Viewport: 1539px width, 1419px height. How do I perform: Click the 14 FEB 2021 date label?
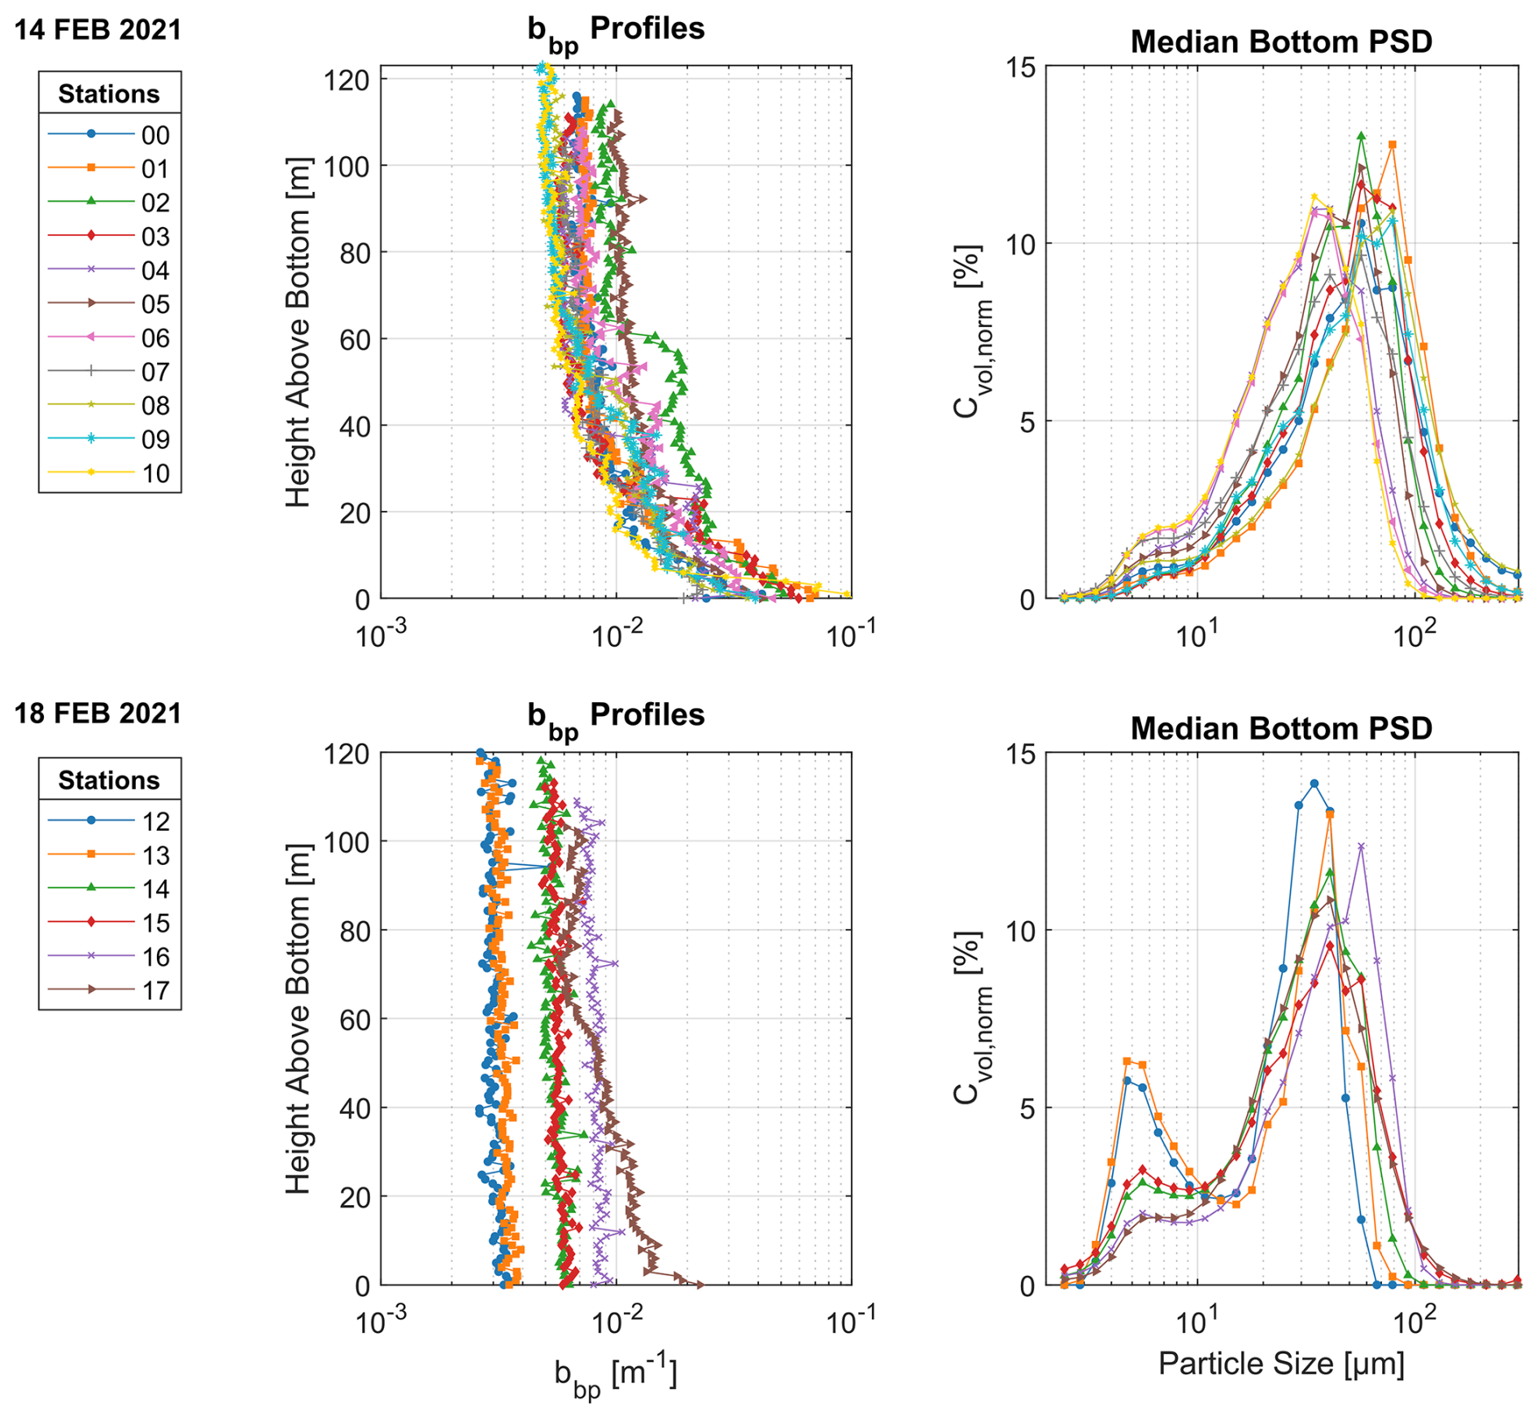pyautogui.click(x=98, y=30)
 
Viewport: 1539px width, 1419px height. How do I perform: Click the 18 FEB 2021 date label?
pyautogui.click(x=98, y=714)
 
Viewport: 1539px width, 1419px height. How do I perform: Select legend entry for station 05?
pyautogui.click(x=110, y=303)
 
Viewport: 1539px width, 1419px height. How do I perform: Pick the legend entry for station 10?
pyautogui.click(x=110, y=473)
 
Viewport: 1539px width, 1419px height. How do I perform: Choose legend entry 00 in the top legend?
pyautogui.click(x=110, y=134)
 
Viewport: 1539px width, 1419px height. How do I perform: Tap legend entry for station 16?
pyautogui.click(x=110, y=956)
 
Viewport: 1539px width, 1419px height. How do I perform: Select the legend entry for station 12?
pyautogui.click(x=110, y=821)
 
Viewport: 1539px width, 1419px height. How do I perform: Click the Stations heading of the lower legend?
pyautogui.click(x=109, y=780)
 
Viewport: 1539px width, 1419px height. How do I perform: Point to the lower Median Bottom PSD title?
pyautogui.click(x=1281, y=727)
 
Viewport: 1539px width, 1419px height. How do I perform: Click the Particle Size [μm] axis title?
pyautogui.click(x=1281, y=1363)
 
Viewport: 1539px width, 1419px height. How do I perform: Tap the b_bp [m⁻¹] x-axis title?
pyautogui.click(x=616, y=1375)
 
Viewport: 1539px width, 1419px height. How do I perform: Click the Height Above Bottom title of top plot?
pyautogui.click(x=299, y=332)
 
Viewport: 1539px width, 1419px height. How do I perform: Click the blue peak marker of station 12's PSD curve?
pyautogui.click(x=1314, y=784)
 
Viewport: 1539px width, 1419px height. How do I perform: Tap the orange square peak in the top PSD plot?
pyautogui.click(x=1393, y=145)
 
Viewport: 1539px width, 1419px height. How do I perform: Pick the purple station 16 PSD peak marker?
pyautogui.click(x=1361, y=846)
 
